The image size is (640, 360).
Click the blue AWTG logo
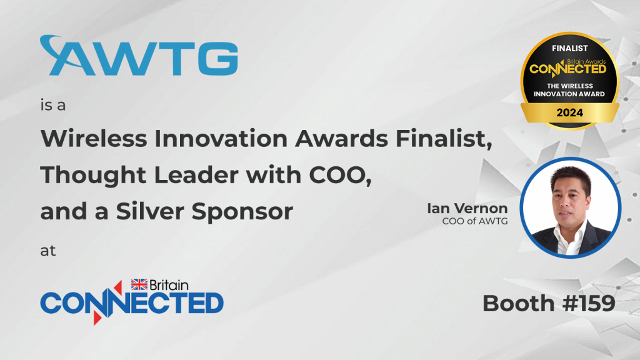coord(139,56)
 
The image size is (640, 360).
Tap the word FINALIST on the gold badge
coord(570,49)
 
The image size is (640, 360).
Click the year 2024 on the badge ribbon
coord(570,112)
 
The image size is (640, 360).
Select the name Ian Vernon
coord(467,208)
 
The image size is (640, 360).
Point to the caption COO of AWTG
coord(475,221)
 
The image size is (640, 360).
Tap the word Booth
coord(518,303)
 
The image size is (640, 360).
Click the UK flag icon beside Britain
coord(139,284)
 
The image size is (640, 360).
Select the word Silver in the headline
coord(150,211)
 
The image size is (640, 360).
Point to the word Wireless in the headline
coord(94,138)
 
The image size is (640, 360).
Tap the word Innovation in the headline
coord(221,138)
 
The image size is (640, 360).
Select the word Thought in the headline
coord(93,176)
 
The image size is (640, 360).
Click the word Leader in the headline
coord(196,175)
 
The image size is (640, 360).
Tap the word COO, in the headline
coord(341,176)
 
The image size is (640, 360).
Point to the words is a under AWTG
coord(53,105)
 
